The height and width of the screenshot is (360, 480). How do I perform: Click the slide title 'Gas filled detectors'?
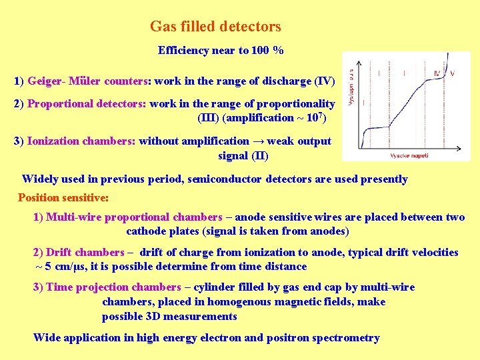[215, 27]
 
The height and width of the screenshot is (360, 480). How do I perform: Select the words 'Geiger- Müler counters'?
[88, 81]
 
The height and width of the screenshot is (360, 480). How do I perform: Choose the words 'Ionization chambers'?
[81, 141]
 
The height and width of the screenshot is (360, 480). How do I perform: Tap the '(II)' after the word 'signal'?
[259, 155]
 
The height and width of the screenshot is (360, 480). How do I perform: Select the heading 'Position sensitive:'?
[63, 197]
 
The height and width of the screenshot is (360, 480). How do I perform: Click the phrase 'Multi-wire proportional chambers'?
[134, 217]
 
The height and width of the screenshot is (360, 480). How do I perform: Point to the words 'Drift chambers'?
[85, 253]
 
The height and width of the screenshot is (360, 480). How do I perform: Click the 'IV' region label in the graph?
[437, 73]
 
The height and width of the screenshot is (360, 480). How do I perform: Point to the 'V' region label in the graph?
[452, 73]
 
